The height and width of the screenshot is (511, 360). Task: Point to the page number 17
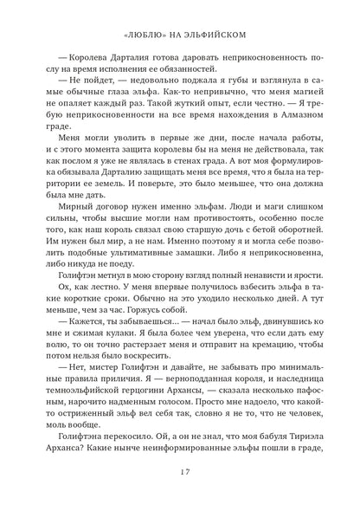click(180, 491)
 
